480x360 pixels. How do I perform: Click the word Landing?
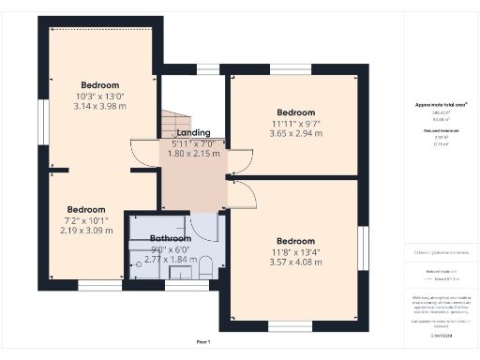(x=194, y=133)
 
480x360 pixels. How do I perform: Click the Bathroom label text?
(x=171, y=239)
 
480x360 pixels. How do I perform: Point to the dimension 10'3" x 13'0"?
(x=98, y=96)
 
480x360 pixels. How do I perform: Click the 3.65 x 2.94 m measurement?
(x=295, y=134)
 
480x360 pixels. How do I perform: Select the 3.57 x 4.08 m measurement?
(x=295, y=262)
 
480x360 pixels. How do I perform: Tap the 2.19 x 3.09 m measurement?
(x=85, y=231)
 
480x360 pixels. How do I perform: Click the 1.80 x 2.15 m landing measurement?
(x=192, y=153)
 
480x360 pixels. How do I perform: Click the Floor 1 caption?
(x=202, y=342)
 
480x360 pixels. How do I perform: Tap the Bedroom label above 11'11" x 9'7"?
(x=295, y=112)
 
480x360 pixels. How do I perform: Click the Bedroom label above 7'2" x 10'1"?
(x=85, y=209)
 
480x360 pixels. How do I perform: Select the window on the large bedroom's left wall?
(x=42, y=121)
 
